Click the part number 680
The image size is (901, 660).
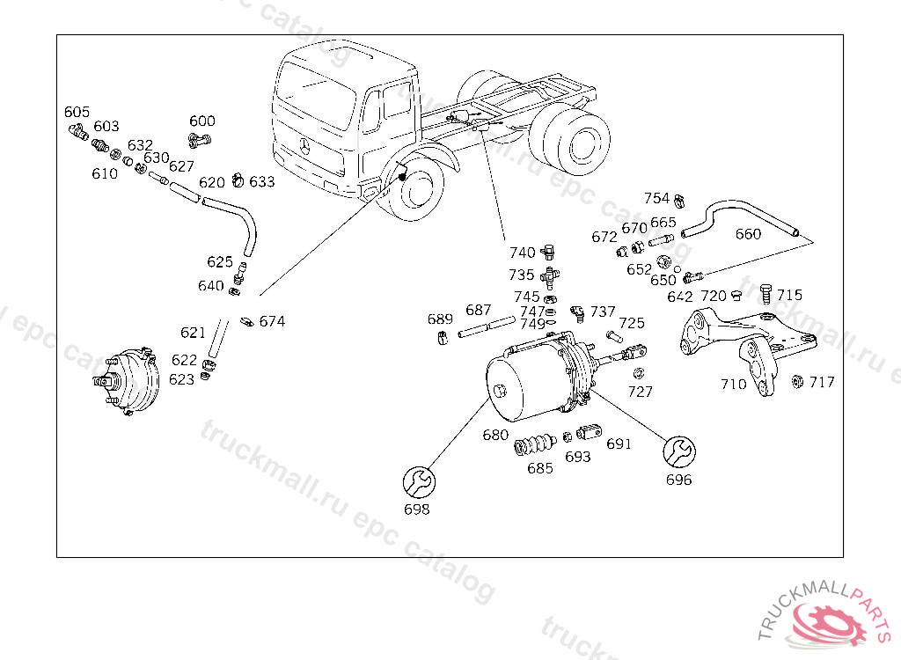coord(495,435)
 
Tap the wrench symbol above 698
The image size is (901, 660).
coord(419,482)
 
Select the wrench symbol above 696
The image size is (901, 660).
coord(679,452)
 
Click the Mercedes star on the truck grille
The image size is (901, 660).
coord(304,147)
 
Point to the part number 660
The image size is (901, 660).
coord(748,234)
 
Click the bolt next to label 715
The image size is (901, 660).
coord(765,293)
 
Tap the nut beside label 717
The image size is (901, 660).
coord(797,381)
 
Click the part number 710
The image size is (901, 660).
coord(734,384)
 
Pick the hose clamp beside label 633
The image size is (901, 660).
coord(238,180)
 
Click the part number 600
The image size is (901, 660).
coord(202,121)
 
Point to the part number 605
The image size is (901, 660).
coord(77,112)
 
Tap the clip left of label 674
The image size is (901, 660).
coord(247,321)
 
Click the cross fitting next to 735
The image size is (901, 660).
coord(550,277)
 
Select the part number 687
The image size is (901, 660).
coord(478,311)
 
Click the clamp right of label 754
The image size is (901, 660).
coord(679,202)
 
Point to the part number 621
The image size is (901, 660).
coord(193,333)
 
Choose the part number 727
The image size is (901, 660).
coord(641,392)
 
